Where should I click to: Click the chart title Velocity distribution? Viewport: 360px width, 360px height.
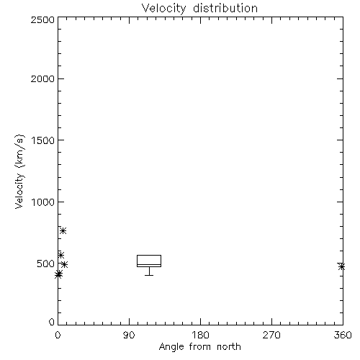[x=199, y=9]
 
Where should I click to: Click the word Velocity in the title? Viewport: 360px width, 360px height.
[x=163, y=9]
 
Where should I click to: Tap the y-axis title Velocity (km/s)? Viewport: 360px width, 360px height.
[x=19, y=171]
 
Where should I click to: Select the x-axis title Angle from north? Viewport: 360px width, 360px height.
[x=199, y=347]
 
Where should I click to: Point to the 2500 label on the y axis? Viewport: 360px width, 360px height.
[x=42, y=19]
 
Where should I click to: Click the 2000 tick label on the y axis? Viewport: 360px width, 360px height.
[x=42, y=78]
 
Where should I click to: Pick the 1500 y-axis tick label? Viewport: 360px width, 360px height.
[x=43, y=140]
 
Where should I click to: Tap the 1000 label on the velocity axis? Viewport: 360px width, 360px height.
[x=43, y=202]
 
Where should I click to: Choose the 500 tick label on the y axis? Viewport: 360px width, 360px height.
[x=46, y=264]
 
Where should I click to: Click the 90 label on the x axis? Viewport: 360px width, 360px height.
[x=129, y=335]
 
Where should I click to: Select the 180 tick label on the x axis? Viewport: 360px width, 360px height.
[x=200, y=335]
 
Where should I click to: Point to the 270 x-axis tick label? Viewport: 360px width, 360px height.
[x=271, y=335]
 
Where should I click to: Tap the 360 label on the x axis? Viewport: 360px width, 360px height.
[x=343, y=335]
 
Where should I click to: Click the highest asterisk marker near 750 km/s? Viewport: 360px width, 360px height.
[x=63, y=231]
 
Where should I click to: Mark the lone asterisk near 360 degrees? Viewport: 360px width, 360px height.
[x=342, y=266]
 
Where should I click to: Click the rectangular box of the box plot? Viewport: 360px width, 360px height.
[x=149, y=255]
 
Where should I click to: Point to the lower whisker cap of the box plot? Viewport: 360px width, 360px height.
[x=149, y=275]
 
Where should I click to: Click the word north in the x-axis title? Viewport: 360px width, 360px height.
[x=229, y=347]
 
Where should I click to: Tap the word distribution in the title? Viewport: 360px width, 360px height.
[x=225, y=9]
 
